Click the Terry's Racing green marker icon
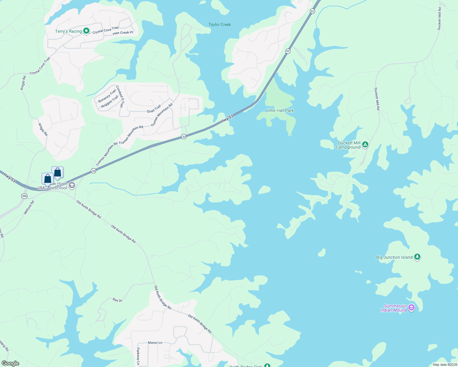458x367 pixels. point(86,31)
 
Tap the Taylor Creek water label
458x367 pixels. point(220,24)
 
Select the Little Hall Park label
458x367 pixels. point(280,110)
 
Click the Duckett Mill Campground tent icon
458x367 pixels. point(365,145)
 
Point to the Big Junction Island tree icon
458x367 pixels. point(417,257)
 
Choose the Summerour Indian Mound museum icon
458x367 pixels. point(411,307)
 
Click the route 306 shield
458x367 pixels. point(24,196)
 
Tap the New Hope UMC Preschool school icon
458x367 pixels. point(72,185)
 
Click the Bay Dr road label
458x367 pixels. point(117,300)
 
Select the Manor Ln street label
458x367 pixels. point(155,343)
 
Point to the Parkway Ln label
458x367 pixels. point(138,356)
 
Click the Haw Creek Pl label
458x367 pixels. point(123,33)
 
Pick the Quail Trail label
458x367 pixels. point(154,109)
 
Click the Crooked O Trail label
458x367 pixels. point(120,96)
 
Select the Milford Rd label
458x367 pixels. point(29,207)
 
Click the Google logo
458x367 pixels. point(10,363)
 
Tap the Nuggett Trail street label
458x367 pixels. point(110,101)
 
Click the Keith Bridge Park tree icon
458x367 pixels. point(267,365)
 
